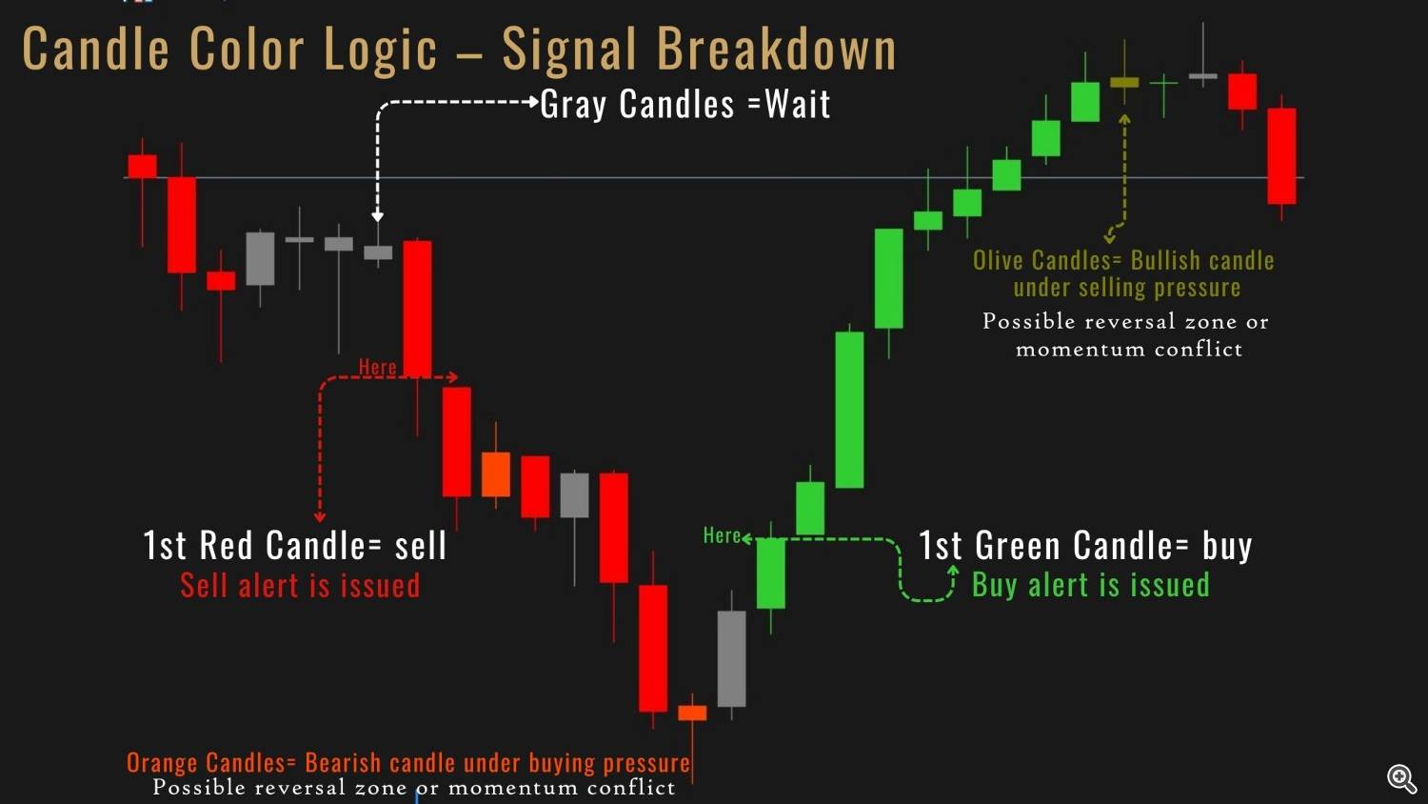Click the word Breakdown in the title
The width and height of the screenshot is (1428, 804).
tap(777, 49)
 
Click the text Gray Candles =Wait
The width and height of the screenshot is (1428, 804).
tap(685, 104)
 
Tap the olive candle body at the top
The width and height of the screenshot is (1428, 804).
tap(1124, 82)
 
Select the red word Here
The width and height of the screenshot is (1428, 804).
tap(377, 367)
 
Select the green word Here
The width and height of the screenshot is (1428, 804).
tap(722, 535)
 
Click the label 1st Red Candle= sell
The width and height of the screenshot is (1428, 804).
tap(294, 546)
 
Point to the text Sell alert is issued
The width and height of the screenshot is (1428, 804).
tap(300, 585)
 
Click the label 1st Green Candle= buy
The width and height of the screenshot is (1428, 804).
tap(1085, 546)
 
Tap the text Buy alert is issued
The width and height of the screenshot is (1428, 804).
tap(1091, 585)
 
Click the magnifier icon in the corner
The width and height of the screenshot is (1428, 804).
tap(1402, 779)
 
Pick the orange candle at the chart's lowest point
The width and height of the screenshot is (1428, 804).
tap(692, 713)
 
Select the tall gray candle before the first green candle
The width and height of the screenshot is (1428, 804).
tap(731, 658)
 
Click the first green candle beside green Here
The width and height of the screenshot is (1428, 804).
tap(771, 573)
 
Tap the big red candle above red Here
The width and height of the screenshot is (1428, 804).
tap(417, 309)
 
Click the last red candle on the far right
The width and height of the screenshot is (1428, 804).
tap(1281, 156)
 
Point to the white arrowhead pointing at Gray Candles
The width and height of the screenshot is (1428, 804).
tap(534, 102)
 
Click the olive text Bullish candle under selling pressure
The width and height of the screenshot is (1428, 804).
tap(1124, 273)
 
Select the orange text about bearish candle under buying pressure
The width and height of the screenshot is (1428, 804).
tap(408, 762)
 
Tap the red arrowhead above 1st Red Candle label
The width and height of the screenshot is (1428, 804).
tap(320, 516)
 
